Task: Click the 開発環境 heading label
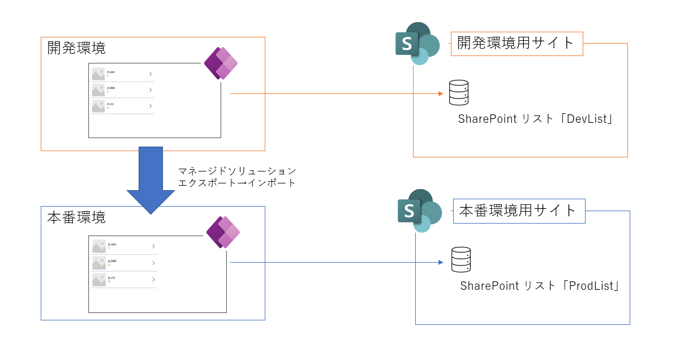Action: (x=76, y=48)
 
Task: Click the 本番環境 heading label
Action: (x=76, y=217)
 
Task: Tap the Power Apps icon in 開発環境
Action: (x=221, y=63)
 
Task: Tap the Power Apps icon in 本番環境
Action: (x=223, y=232)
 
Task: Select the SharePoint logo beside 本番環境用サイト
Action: (x=419, y=211)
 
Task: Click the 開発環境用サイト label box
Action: (x=517, y=43)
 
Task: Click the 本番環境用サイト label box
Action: (x=519, y=211)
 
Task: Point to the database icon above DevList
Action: (x=459, y=93)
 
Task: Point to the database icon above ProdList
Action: (x=461, y=260)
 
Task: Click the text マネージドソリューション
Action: (x=237, y=171)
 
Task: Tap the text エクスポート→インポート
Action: (x=237, y=183)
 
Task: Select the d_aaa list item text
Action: (x=111, y=72)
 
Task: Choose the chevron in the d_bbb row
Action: (x=150, y=90)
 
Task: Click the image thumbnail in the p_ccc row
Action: (x=99, y=280)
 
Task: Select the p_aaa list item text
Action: (x=112, y=245)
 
